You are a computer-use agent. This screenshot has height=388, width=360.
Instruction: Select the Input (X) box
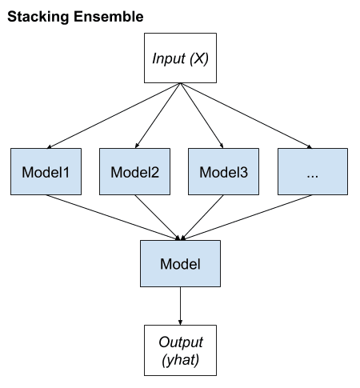click(180, 58)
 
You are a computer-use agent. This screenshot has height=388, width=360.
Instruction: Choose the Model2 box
click(135, 171)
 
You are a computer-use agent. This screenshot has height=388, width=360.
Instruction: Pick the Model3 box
click(224, 171)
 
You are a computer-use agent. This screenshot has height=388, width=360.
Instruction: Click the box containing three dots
click(313, 171)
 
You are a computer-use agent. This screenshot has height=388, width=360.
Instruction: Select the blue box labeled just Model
click(180, 265)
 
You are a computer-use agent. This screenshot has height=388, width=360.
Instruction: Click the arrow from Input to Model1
click(112, 116)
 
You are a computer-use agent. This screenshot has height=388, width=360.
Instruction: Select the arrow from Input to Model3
click(202, 116)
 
